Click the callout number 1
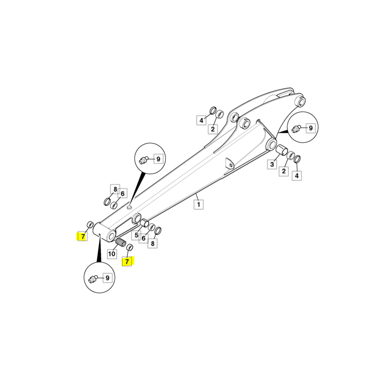click(x=199, y=204)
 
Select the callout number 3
click(x=272, y=164)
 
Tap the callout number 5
click(x=136, y=235)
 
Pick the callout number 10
click(x=112, y=254)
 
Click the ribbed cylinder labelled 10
click(x=121, y=242)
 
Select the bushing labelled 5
click(x=144, y=223)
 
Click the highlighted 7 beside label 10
click(x=127, y=261)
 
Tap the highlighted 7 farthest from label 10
click(x=83, y=237)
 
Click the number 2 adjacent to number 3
click(x=284, y=171)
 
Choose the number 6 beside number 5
click(x=143, y=238)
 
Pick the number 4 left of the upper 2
click(x=201, y=120)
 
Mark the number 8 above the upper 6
click(x=115, y=189)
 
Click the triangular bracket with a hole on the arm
click(x=230, y=163)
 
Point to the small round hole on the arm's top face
click(x=129, y=207)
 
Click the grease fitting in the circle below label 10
click(x=93, y=279)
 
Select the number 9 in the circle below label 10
click(x=107, y=278)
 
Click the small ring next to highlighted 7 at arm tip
click(x=90, y=224)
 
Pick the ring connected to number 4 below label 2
click(x=297, y=159)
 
